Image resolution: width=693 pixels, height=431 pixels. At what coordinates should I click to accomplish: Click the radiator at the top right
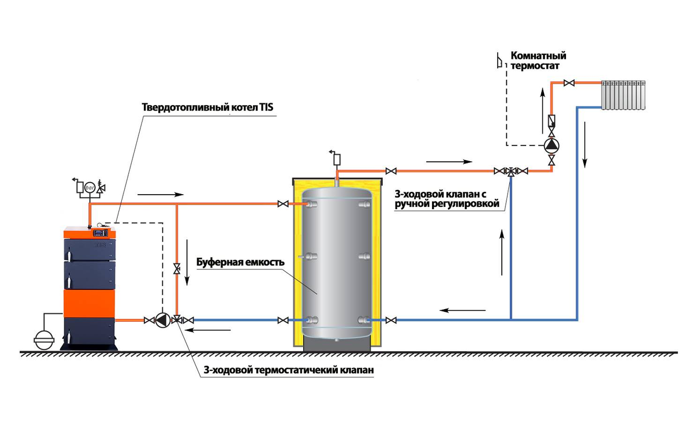623,95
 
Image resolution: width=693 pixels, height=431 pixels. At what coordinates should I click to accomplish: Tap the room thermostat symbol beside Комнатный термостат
500,60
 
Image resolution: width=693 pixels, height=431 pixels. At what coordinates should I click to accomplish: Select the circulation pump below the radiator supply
552,146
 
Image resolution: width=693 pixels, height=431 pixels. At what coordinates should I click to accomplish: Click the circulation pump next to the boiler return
162,320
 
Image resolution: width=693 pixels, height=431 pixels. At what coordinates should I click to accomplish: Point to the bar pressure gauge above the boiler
90,188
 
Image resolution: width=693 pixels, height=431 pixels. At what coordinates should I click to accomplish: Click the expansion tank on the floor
44,340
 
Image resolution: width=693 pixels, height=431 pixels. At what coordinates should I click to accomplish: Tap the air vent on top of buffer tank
336,158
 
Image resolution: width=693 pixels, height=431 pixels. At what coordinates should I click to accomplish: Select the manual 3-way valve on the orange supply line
511,172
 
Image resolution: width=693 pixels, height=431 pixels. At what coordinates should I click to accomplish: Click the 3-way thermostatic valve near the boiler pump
177,319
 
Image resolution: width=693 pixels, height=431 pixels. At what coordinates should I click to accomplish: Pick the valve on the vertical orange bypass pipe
177,269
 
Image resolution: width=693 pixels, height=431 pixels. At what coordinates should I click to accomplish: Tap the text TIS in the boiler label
266,107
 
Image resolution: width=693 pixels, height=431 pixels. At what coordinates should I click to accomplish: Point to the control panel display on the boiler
100,233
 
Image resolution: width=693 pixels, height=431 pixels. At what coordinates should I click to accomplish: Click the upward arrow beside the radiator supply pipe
543,110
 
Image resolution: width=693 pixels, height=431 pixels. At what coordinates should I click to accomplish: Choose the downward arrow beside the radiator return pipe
584,145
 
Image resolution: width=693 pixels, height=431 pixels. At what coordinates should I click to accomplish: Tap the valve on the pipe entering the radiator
569,83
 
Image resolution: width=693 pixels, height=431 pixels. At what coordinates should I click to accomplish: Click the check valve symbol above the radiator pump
552,121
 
